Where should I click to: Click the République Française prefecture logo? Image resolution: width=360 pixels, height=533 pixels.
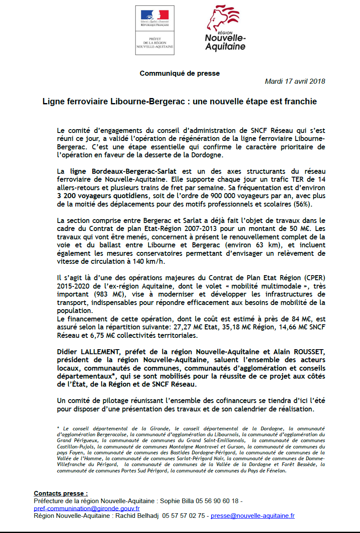coord(155,30)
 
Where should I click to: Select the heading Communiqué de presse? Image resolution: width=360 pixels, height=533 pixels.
coord(180,73)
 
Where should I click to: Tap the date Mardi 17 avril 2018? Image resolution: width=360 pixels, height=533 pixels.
coord(295,82)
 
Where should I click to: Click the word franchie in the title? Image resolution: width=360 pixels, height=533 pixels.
coord(299,102)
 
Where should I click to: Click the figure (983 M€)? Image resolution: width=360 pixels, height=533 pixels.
coord(101,294)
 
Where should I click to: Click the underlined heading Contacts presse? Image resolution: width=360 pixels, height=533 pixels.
coord(61,493)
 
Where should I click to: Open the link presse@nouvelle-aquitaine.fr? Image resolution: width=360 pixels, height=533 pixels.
coord(253,515)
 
